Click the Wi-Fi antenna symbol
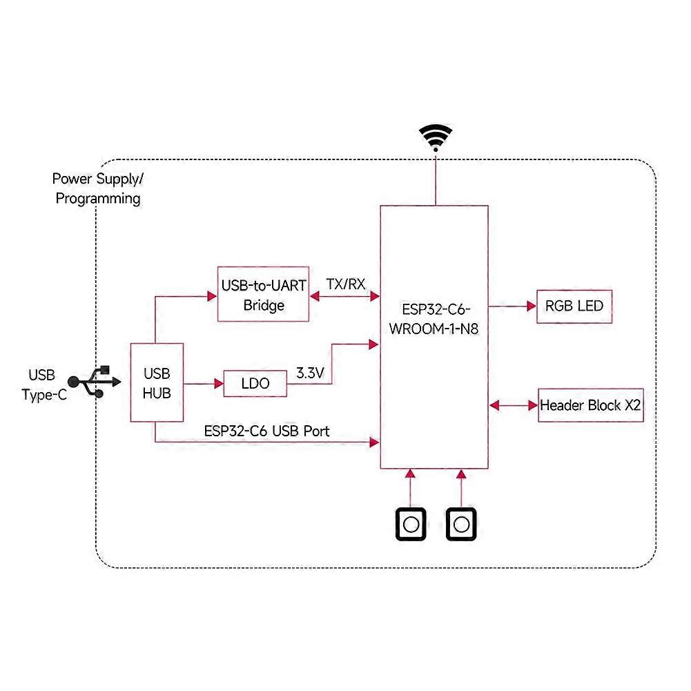click(434, 139)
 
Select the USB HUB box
click(157, 382)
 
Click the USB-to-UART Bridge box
click(264, 294)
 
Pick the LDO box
click(255, 384)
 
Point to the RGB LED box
click(574, 306)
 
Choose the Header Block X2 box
click(590, 405)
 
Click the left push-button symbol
click(411, 525)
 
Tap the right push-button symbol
click(462, 525)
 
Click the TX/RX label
click(345, 284)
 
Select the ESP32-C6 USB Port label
click(266, 431)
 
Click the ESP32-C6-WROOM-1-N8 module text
click(435, 317)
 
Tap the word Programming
click(98, 199)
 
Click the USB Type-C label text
click(43, 385)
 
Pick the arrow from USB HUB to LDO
click(204, 383)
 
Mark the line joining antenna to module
click(435, 179)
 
